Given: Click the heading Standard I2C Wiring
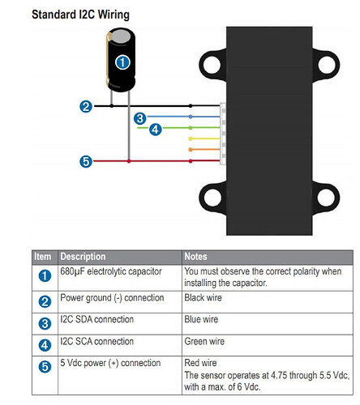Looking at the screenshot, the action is click(x=80, y=15).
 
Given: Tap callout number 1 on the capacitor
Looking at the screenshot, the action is click(x=122, y=62).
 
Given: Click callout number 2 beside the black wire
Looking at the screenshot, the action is click(x=86, y=106).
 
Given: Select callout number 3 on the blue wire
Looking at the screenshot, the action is click(x=140, y=118).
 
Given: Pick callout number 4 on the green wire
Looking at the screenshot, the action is click(x=156, y=130).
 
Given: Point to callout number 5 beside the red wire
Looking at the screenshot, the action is click(x=86, y=162).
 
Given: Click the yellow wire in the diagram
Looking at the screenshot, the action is click(x=204, y=139).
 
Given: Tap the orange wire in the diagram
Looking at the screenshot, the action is click(x=204, y=149).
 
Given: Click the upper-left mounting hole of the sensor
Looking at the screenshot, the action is click(x=212, y=65).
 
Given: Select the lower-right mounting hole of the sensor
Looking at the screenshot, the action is click(x=326, y=198).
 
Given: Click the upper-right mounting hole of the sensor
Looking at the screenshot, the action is click(x=327, y=65).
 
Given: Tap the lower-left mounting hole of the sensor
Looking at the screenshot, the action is click(x=212, y=198).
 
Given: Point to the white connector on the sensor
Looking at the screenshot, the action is click(x=223, y=134).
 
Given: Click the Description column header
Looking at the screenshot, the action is click(x=83, y=257).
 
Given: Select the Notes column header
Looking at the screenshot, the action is click(x=195, y=257).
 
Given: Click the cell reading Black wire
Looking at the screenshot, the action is click(x=203, y=298).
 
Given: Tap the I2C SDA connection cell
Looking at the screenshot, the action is click(x=96, y=319).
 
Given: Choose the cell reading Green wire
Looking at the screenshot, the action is click(x=204, y=342).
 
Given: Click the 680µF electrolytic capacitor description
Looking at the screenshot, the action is click(x=111, y=271).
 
